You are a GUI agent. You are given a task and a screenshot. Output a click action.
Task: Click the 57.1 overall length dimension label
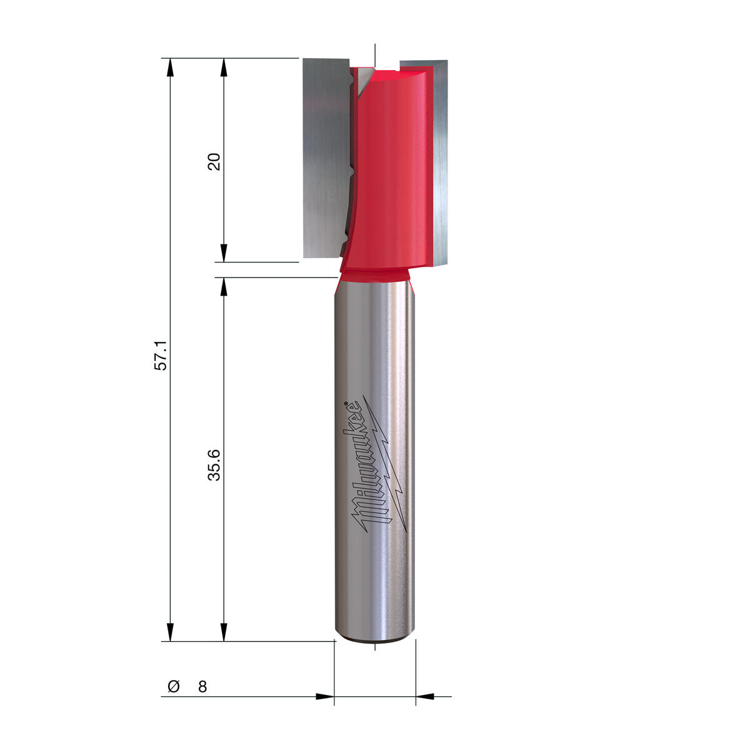tap(161, 355)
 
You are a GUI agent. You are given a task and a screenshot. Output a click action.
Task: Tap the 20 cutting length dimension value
tap(214, 161)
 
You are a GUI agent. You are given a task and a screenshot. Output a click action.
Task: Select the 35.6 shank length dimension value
tap(214, 465)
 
